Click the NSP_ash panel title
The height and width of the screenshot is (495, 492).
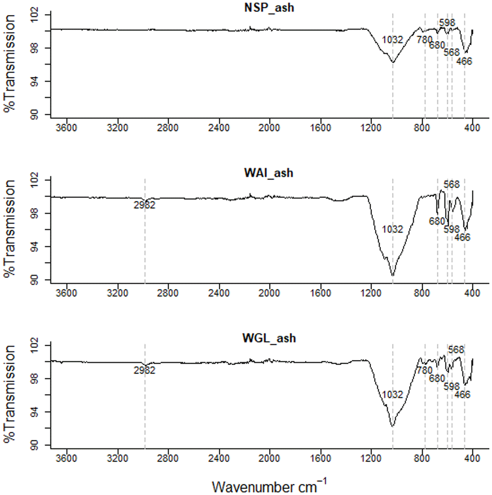(x=270, y=7)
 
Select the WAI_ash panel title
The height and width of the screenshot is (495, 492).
(x=270, y=173)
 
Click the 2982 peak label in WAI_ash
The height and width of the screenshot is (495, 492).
(x=145, y=205)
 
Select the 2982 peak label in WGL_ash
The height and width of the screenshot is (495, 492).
(x=145, y=370)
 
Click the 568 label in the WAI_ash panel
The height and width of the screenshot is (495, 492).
(x=452, y=185)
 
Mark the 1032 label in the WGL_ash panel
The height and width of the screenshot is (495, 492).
(x=393, y=394)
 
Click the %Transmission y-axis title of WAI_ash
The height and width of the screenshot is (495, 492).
(x=10, y=230)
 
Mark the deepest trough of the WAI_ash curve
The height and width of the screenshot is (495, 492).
(x=393, y=275)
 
